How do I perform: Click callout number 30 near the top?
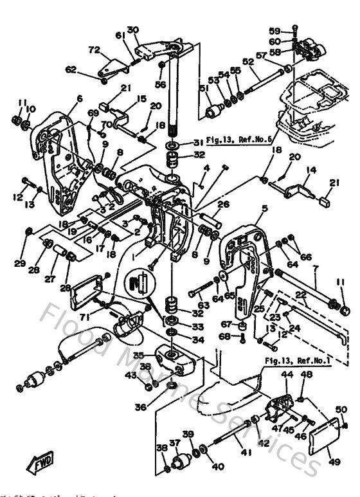click(132, 30)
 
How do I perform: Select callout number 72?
click(94, 50)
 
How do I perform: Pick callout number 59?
click(274, 30)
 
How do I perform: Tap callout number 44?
click(287, 374)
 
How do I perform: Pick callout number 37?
click(174, 442)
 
